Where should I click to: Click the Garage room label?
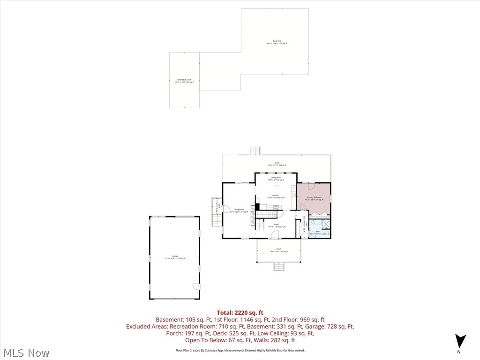[x=175, y=258]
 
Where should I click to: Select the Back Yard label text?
[x=277, y=42]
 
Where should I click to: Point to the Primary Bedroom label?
[x=314, y=198]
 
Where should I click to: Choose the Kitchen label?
[x=276, y=196]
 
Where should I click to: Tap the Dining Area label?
[x=276, y=179]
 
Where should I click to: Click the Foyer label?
[x=276, y=225]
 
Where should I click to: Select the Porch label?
[x=278, y=250]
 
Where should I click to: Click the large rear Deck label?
[x=277, y=164]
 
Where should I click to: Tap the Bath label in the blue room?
[x=317, y=232]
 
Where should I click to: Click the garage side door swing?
[x=195, y=286]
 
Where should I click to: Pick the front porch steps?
[x=279, y=267]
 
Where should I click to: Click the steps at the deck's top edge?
[x=255, y=150]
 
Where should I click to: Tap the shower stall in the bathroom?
[x=325, y=224]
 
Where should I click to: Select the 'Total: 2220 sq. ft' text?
[x=240, y=313]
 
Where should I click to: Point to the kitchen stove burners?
[x=276, y=207]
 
